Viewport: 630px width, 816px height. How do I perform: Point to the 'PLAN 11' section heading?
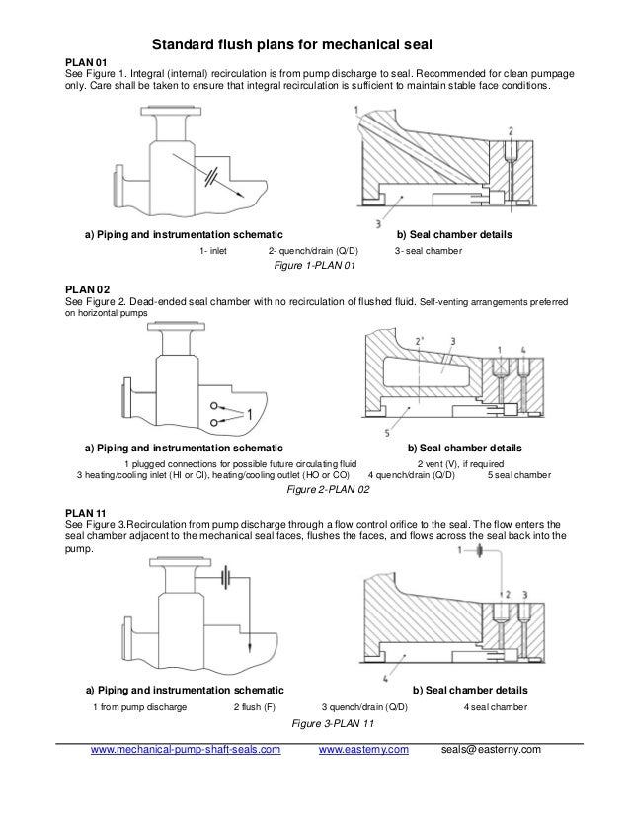[86, 511]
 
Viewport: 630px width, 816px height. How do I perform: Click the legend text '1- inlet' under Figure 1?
[213, 251]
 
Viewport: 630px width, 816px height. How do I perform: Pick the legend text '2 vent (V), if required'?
[460, 462]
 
